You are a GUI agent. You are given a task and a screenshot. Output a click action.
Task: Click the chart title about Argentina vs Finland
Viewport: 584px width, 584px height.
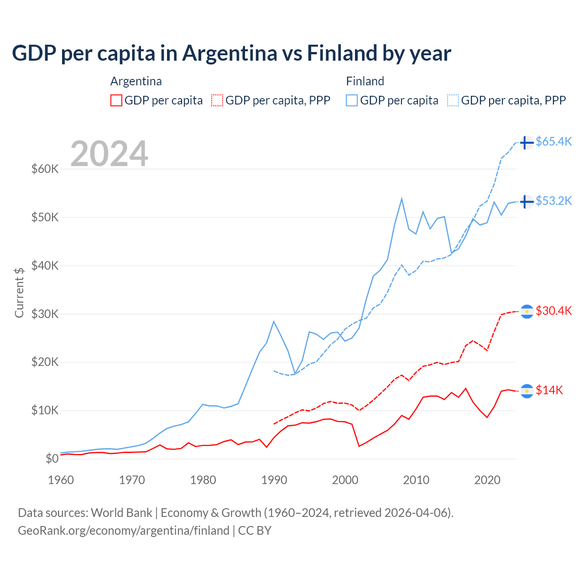pyautogui.click(x=231, y=53)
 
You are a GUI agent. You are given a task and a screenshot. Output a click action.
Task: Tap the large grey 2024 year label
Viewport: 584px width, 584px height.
pyautogui.click(x=109, y=153)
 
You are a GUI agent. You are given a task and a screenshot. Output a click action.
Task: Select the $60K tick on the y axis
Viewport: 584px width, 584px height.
pyautogui.click(x=45, y=169)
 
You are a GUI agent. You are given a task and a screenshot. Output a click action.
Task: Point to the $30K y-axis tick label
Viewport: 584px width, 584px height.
pyautogui.click(x=45, y=314)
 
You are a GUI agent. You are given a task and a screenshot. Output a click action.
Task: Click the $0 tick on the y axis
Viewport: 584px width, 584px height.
pyautogui.click(x=52, y=459)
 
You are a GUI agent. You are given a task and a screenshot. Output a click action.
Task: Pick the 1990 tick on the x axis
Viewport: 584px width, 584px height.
pyautogui.click(x=274, y=480)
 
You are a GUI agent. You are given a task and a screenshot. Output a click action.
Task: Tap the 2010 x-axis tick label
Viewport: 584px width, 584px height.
pyautogui.click(x=416, y=480)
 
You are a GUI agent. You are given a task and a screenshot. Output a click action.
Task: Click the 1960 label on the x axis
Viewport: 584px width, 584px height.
pyautogui.click(x=61, y=480)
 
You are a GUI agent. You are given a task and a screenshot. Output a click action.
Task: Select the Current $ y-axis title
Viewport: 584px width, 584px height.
pyautogui.click(x=19, y=292)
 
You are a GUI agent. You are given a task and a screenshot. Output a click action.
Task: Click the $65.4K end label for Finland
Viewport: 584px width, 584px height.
pyautogui.click(x=553, y=141)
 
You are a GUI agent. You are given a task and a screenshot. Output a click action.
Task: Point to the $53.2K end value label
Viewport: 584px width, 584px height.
pyautogui.click(x=553, y=201)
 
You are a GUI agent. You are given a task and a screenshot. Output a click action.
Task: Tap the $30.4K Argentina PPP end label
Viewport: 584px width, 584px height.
pyautogui.click(x=553, y=311)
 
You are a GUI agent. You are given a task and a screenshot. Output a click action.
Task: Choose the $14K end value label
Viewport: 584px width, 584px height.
pyautogui.click(x=549, y=390)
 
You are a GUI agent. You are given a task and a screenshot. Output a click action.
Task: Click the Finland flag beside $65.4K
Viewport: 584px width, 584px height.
pyautogui.click(x=527, y=142)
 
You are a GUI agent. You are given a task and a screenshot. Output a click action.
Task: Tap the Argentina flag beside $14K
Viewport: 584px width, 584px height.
pyautogui.click(x=527, y=391)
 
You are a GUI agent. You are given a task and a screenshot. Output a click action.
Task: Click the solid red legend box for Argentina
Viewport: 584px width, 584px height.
pyautogui.click(x=116, y=100)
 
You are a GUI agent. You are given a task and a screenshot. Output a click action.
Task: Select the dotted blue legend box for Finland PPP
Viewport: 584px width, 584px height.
pyautogui.click(x=453, y=100)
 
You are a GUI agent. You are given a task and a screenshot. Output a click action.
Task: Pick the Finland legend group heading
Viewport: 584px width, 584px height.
pyautogui.click(x=365, y=81)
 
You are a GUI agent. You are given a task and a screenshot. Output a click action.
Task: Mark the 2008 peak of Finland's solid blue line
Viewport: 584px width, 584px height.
pyautogui.click(x=401, y=198)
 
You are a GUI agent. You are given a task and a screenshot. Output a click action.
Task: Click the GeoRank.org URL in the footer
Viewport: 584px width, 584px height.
pyautogui.click(x=124, y=531)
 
